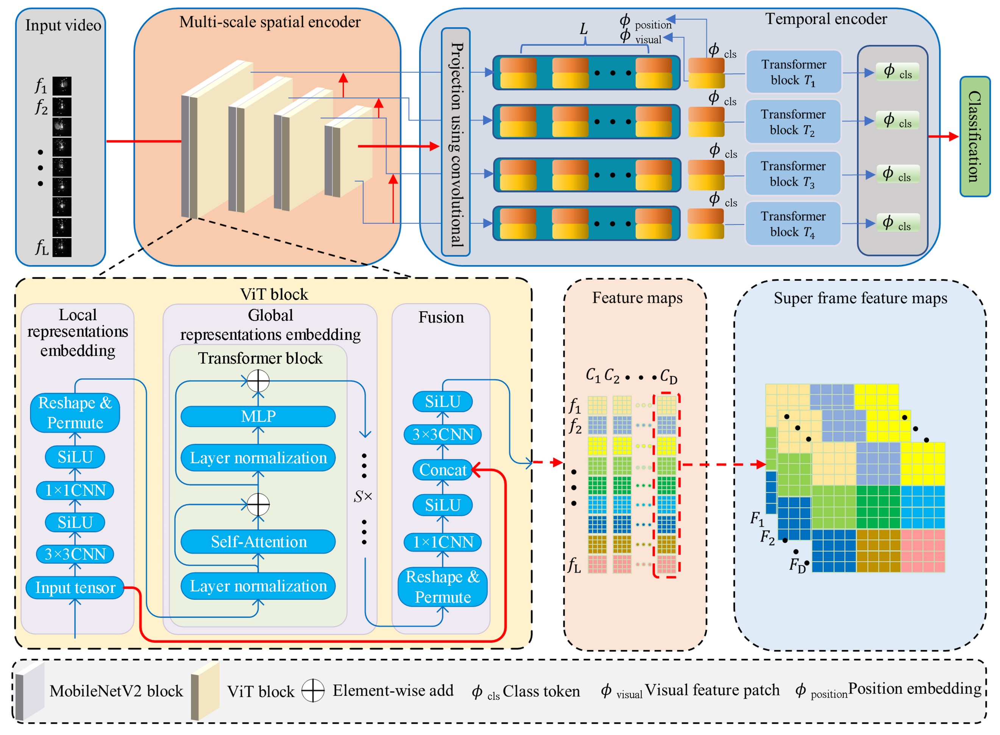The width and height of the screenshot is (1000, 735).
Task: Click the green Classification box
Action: click(x=974, y=137)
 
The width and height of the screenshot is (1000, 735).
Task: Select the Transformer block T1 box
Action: click(x=794, y=72)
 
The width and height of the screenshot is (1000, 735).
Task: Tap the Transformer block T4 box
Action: click(x=793, y=224)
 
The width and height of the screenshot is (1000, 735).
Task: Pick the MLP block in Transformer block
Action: click(x=258, y=417)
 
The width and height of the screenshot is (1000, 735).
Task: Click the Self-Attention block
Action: click(x=258, y=541)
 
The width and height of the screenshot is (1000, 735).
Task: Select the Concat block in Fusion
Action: click(x=442, y=470)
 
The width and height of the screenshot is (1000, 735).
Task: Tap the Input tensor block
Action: click(x=75, y=588)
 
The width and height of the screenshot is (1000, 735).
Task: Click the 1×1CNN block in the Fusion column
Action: click(x=443, y=542)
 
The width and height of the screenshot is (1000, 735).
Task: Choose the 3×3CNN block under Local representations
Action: click(x=75, y=554)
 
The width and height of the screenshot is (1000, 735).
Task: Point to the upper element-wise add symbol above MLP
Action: click(x=258, y=381)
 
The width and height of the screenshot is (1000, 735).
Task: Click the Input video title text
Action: click(x=63, y=25)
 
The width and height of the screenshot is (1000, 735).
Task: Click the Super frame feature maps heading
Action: click(x=860, y=298)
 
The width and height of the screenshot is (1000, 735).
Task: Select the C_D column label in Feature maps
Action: click(x=668, y=376)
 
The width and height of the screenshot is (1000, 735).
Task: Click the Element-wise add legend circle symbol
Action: click(x=313, y=691)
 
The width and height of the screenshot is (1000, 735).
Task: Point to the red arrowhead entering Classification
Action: click(x=953, y=137)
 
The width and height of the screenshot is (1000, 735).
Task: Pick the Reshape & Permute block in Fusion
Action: click(x=442, y=587)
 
